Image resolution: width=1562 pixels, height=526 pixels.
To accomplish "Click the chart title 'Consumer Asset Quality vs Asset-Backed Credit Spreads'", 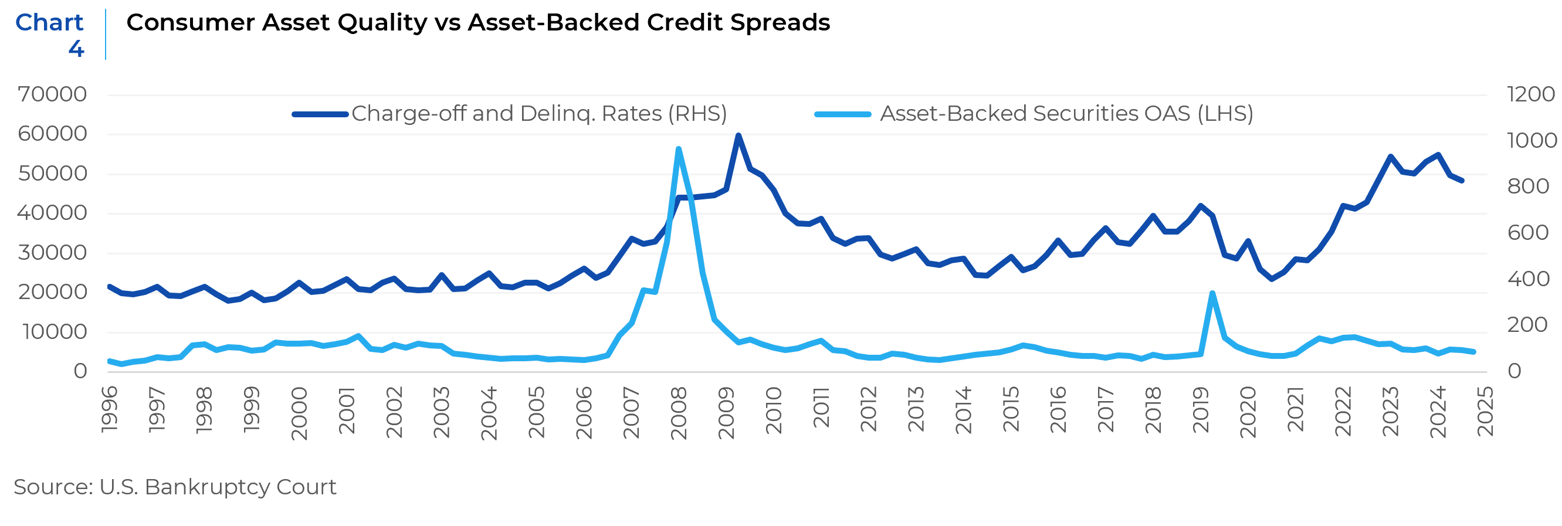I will tap(478, 23).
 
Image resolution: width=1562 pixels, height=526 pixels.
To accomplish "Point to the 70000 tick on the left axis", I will tap(52, 94).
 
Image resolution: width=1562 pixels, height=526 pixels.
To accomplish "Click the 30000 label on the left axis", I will tap(52, 253).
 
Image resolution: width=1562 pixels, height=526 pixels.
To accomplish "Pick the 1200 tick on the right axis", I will tap(1530, 94).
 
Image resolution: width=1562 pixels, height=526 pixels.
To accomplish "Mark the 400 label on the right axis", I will tap(1527, 279).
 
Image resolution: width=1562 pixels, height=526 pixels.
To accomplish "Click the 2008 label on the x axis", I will tap(679, 413).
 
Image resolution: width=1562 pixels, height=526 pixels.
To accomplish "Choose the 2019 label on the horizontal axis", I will tap(1201, 411).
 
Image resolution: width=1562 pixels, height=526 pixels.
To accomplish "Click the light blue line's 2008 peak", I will tap(679, 148).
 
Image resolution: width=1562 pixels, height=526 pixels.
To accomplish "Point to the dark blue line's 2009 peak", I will tap(738, 135).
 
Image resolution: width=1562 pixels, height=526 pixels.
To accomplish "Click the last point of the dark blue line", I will tap(1462, 181).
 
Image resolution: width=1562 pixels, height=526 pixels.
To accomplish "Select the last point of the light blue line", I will tap(1473, 352).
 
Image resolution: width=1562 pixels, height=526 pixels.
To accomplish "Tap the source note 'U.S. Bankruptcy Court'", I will tap(175, 487).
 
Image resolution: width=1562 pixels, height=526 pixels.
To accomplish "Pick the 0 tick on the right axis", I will tap(1514, 371).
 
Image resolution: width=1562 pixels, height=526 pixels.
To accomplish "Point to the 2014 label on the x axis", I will tap(964, 411).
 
